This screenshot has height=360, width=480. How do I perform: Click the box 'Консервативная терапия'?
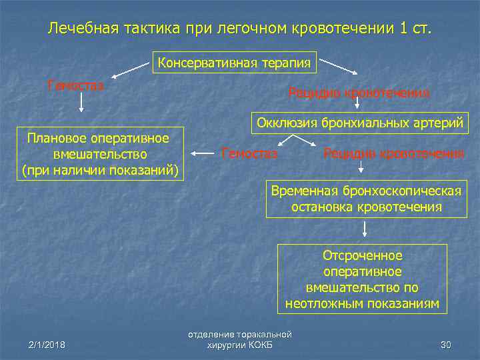(x=235, y=63)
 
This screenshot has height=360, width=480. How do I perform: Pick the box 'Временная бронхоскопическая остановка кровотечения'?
(x=366, y=199)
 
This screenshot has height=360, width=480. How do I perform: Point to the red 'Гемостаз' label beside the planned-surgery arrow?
(x=249, y=154)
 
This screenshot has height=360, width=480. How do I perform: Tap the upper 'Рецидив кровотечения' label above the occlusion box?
(x=359, y=93)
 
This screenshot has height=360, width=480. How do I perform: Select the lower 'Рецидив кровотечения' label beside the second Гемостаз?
(x=393, y=154)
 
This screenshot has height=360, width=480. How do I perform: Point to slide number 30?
(x=446, y=345)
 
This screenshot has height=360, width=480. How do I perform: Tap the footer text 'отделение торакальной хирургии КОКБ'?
(x=240, y=339)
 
